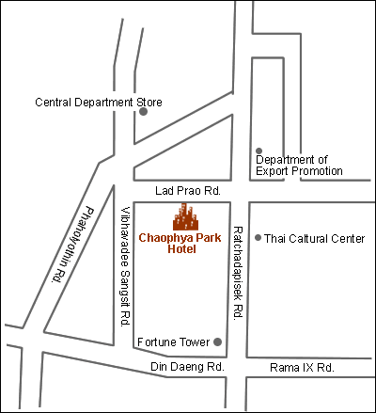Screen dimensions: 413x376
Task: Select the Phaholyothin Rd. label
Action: [x=73, y=245]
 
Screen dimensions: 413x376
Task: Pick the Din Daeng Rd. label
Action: [x=185, y=366]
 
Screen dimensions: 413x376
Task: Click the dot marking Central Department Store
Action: [x=143, y=112]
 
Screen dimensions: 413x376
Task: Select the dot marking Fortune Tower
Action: [x=218, y=342]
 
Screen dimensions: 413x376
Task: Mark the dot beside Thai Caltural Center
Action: [x=258, y=238]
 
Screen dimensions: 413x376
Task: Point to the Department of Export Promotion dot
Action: [x=258, y=151]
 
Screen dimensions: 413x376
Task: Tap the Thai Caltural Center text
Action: [x=314, y=239]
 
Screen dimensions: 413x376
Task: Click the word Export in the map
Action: [x=279, y=171]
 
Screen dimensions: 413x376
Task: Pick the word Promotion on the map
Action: [x=320, y=171]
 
